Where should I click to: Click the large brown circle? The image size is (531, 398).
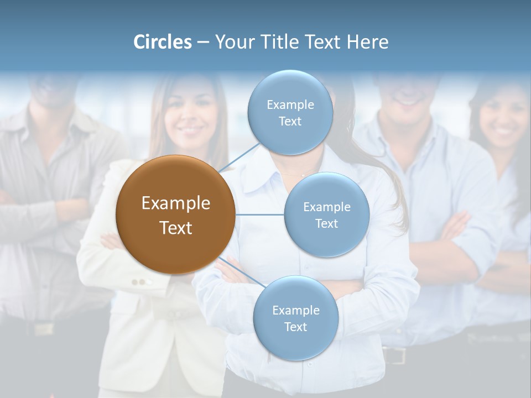point(175,214)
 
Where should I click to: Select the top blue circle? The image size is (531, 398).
point(290,112)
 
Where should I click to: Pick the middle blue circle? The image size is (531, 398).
point(326,214)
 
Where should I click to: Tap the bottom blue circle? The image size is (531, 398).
point(295,318)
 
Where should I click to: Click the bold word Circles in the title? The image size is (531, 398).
point(163,42)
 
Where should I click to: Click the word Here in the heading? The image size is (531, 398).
point(368,42)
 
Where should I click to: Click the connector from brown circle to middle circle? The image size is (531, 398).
point(259,214)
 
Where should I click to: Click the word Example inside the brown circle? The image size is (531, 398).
point(175,203)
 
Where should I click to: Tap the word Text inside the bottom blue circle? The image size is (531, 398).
point(295,327)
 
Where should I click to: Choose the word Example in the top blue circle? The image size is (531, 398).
point(290,104)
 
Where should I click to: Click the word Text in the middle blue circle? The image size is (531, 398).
point(326,223)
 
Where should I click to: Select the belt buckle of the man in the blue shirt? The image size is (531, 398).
point(394,355)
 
